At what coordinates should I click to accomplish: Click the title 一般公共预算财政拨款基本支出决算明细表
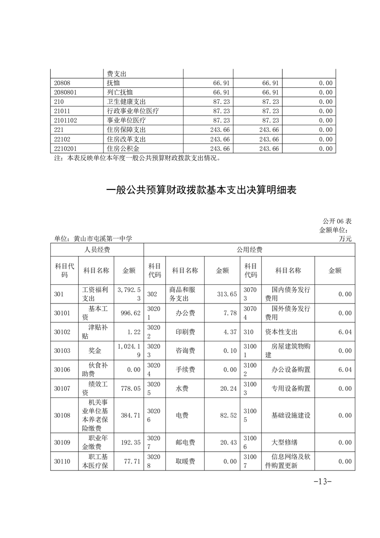point(201,190)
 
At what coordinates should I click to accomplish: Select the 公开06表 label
point(337,221)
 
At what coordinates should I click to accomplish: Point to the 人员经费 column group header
point(97,250)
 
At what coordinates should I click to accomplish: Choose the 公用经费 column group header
point(249,250)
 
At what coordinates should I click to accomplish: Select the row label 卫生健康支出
point(127,102)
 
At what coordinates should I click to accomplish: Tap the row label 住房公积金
point(123,149)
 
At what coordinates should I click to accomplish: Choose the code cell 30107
point(63,388)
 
